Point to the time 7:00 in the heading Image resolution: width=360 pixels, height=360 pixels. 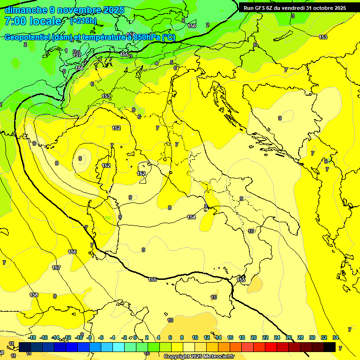coord(15,21)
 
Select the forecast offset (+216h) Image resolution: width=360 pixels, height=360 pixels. coord(83,21)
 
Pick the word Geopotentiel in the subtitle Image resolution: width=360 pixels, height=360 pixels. coord(27,37)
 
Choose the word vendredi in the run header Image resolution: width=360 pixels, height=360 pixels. coord(293,8)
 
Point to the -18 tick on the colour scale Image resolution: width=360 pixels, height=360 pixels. coord(32,337)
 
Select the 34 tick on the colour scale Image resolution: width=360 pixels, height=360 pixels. coord(336,337)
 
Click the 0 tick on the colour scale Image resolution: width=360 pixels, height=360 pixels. coord(135,337)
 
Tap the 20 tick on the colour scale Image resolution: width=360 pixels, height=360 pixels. coord(254,337)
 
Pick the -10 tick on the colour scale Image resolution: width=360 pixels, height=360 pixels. coord(79,337)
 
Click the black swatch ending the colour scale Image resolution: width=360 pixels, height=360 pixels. coord(330,347)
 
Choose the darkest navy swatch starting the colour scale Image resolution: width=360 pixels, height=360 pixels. coord(25,347)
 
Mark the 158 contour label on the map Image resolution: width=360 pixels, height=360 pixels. coord(34,295)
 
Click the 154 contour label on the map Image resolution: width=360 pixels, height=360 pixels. coord(191,217)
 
